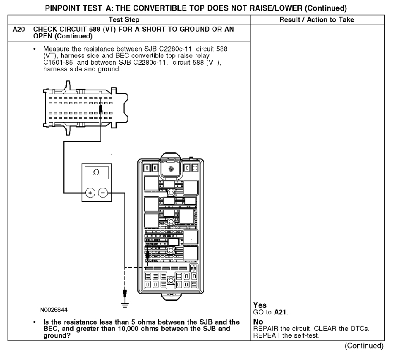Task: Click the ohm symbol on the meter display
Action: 96,173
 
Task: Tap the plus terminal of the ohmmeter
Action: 90,193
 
